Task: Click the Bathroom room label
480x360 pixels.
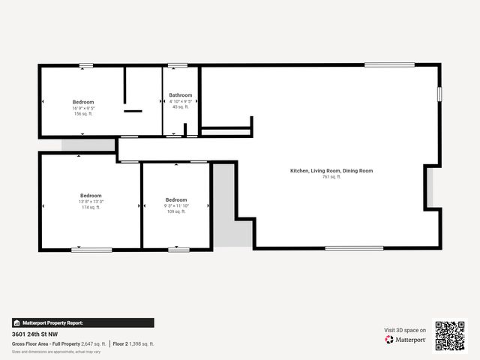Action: point(180,95)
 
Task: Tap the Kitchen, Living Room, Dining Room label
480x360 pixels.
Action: point(331,171)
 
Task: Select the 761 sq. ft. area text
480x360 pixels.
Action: point(331,177)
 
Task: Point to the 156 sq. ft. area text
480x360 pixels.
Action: point(82,114)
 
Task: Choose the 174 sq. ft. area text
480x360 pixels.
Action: point(91,207)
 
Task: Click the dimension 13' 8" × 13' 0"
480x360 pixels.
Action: point(91,201)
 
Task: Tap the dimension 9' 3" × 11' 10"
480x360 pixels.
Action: point(175,205)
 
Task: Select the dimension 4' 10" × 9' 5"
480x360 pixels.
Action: point(181,101)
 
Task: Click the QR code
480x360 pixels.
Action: point(450,336)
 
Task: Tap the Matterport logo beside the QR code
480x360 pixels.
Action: point(406,340)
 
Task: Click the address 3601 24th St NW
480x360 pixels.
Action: point(35,334)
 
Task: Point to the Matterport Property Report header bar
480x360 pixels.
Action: point(82,322)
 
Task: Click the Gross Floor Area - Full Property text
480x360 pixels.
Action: point(46,343)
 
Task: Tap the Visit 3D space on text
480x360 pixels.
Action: point(405,330)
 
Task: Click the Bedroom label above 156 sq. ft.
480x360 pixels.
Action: point(83,102)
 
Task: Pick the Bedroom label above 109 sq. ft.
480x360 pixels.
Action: point(175,199)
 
